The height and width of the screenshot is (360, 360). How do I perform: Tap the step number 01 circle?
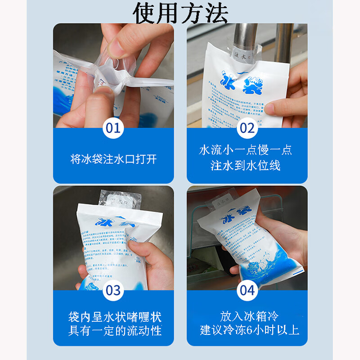[113, 128]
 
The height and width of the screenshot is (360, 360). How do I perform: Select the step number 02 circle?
[247, 128]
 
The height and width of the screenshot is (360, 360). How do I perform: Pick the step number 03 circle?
[113, 290]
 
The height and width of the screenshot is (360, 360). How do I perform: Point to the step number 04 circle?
[247, 290]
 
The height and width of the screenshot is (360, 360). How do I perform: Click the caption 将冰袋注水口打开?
[113, 159]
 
